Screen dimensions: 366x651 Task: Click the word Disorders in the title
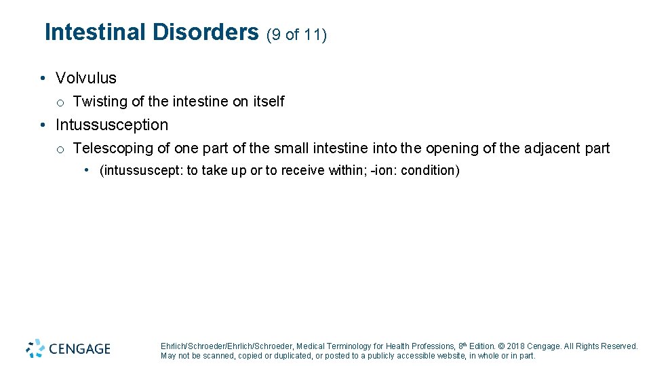(205, 33)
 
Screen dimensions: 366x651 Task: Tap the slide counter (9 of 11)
(297, 35)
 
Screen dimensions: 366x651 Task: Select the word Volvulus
(86, 78)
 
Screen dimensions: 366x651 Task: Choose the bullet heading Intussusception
(112, 125)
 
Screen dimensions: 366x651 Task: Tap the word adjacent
(553, 148)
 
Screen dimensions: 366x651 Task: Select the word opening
(450, 148)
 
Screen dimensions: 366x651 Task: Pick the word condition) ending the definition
(430, 171)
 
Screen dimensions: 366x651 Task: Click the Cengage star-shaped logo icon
(35, 348)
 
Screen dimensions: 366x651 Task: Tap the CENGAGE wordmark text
(79, 349)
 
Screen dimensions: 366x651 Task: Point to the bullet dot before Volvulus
(42, 78)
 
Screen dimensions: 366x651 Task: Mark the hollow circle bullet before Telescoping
(60, 149)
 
